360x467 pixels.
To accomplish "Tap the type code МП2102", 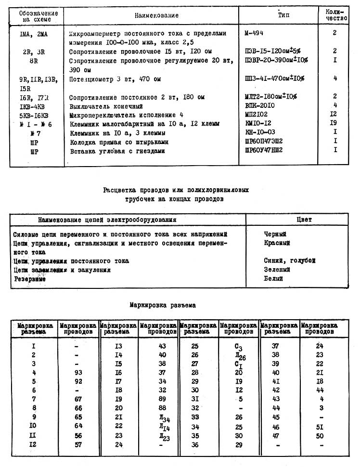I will pos(256,115).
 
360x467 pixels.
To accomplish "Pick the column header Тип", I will pos(283,15).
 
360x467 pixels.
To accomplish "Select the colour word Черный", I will pos(275,234).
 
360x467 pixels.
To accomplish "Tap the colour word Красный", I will pos(277,244).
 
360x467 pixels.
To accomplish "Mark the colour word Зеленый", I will pos(277,270).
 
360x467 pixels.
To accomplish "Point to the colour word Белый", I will pos(273,279).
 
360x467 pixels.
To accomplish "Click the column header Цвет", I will pos(304,220).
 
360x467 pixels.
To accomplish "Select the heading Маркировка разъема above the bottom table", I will pos(163,305).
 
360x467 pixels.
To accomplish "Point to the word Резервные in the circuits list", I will pos(30,279).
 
